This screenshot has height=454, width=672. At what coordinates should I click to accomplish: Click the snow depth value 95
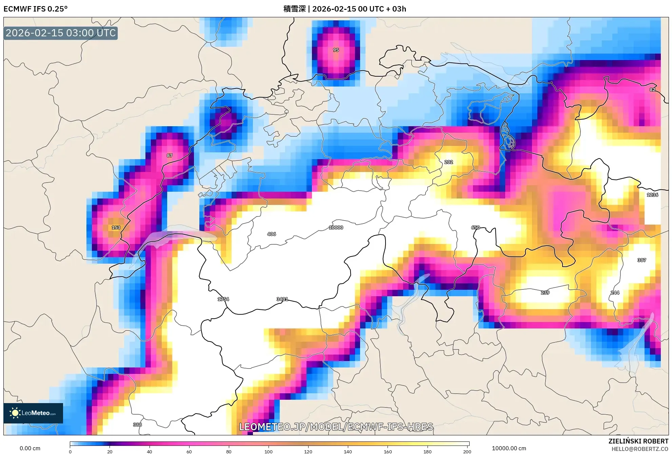coord(336,50)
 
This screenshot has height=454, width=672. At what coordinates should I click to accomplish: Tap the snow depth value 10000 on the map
coord(336,228)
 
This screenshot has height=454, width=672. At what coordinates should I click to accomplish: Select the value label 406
coord(271,234)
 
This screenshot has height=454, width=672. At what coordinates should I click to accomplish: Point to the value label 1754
coord(223,299)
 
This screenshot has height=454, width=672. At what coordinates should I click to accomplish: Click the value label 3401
coord(282,299)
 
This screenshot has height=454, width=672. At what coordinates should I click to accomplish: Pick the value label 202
coord(448,162)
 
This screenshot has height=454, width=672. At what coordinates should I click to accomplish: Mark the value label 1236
coord(652,195)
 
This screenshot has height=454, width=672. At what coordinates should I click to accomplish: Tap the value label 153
coord(116,228)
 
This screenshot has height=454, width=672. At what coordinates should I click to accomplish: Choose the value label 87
coord(170,156)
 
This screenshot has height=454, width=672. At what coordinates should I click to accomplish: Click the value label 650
coord(475,228)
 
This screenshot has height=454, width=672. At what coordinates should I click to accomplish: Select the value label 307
coord(641,260)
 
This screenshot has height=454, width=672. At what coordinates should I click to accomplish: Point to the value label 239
coord(545,292)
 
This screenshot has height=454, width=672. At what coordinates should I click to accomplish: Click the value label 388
coord(137,425)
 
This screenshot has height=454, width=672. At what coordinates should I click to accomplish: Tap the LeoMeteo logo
coord(33,413)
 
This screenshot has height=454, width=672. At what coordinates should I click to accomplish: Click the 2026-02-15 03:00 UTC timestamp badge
coord(61,33)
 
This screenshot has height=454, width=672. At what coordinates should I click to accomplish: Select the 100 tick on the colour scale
coord(269,452)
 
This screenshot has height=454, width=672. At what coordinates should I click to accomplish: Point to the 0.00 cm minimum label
coord(30,448)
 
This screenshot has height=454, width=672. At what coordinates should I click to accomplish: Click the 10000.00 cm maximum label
coord(509,448)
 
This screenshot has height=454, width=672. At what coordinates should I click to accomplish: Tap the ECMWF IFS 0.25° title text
coord(36,9)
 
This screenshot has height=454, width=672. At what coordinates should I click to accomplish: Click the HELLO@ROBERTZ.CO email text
coord(640,449)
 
